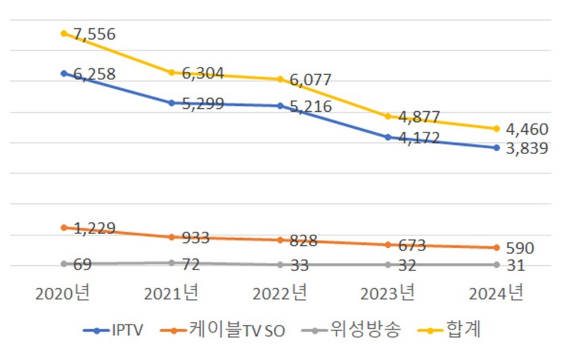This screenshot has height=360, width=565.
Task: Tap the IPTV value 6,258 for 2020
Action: [x=95, y=75]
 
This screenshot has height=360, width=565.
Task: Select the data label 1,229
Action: [x=95, y=229]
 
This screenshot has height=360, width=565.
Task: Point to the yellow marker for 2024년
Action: [x=496, y=129]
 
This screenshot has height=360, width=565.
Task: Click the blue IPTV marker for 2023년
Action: [x=388, y=137]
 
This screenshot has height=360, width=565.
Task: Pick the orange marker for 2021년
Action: [x=171, y=237]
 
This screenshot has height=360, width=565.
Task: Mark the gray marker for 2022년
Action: [x=280, y=265]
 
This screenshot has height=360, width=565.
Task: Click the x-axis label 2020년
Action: [x=63, y=293]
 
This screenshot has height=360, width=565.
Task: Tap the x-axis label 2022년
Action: [x=280, y=293]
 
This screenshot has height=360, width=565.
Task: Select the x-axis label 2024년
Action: [x=496, y=293]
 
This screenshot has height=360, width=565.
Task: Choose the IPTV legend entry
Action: [x=116, y=331]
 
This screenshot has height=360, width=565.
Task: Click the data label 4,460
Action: [x=527, y=129]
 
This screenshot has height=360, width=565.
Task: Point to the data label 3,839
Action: [x=527, y=149]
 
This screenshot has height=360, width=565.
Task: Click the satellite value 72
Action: [x=191, y=265]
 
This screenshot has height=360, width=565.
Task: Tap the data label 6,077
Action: [x=311, y=80]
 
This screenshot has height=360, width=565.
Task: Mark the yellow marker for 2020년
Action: [x=64, y=34]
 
